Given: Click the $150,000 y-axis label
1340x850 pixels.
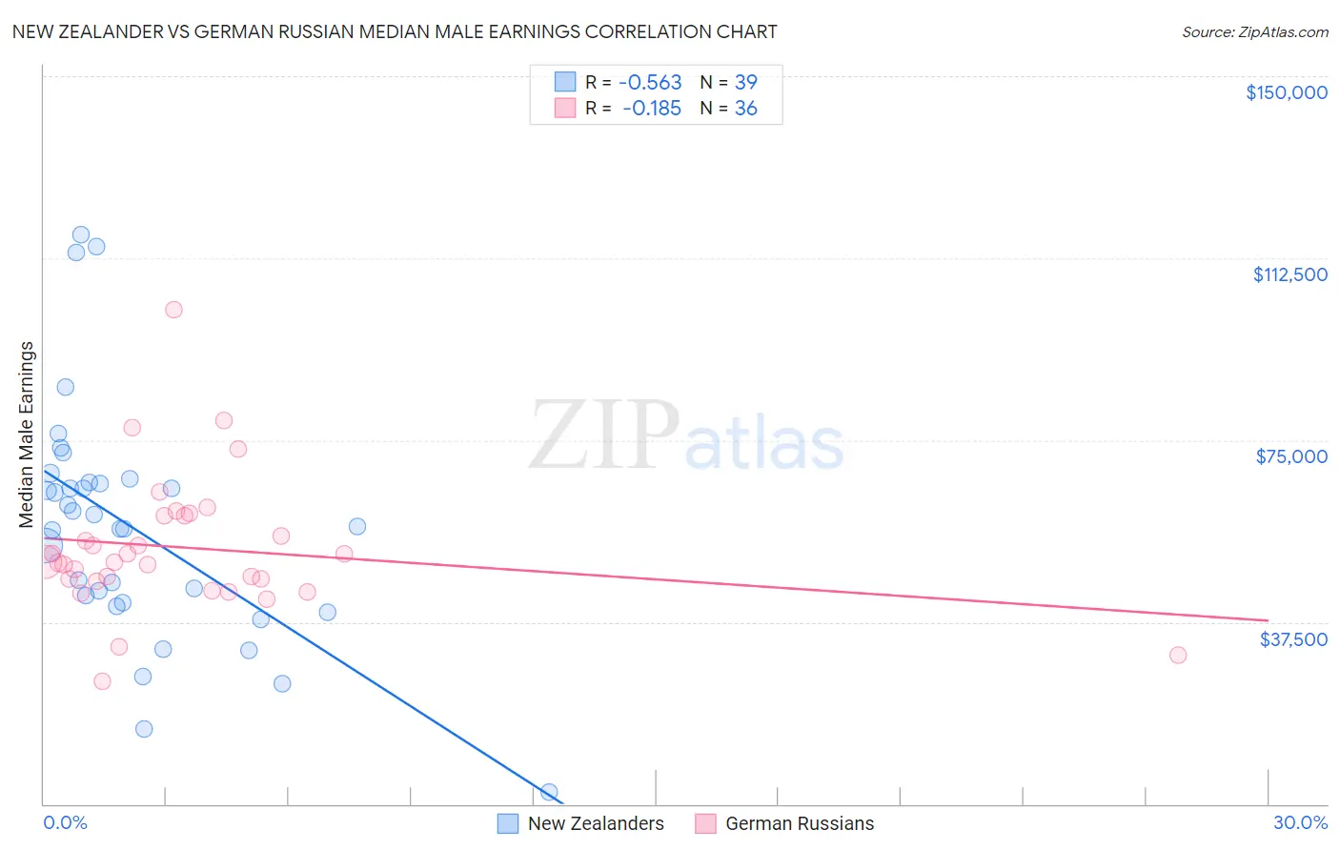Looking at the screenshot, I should [1286, 92].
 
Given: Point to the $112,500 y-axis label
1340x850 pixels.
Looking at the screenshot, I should [1289, 274].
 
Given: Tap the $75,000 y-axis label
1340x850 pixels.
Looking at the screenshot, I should [1291, 456].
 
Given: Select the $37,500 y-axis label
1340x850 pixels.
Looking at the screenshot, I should [1293, 639].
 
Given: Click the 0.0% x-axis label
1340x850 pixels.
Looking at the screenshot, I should [65, 822].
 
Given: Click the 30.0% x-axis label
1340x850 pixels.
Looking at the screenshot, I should [1300, 822].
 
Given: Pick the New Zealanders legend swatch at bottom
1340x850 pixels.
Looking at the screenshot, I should [508, 823].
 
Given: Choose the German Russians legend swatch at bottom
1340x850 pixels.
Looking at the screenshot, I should [705, 823].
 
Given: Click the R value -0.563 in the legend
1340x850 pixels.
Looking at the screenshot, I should [650, 83].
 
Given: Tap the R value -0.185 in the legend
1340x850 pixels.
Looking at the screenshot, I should [652, 109].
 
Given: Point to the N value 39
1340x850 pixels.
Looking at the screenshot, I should [745, 83].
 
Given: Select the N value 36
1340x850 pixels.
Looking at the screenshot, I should [745, 109].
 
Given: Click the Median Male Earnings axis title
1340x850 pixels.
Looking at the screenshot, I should [26, 435].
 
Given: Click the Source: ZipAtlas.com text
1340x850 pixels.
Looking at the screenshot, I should [1254, 32].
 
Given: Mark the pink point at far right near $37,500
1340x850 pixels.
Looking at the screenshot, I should [1178, 655].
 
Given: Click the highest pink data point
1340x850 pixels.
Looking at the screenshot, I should [173, 310].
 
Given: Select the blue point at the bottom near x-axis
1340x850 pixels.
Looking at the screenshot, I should [549, 792].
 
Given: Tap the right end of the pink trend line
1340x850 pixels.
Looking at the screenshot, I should [1267, 620].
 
